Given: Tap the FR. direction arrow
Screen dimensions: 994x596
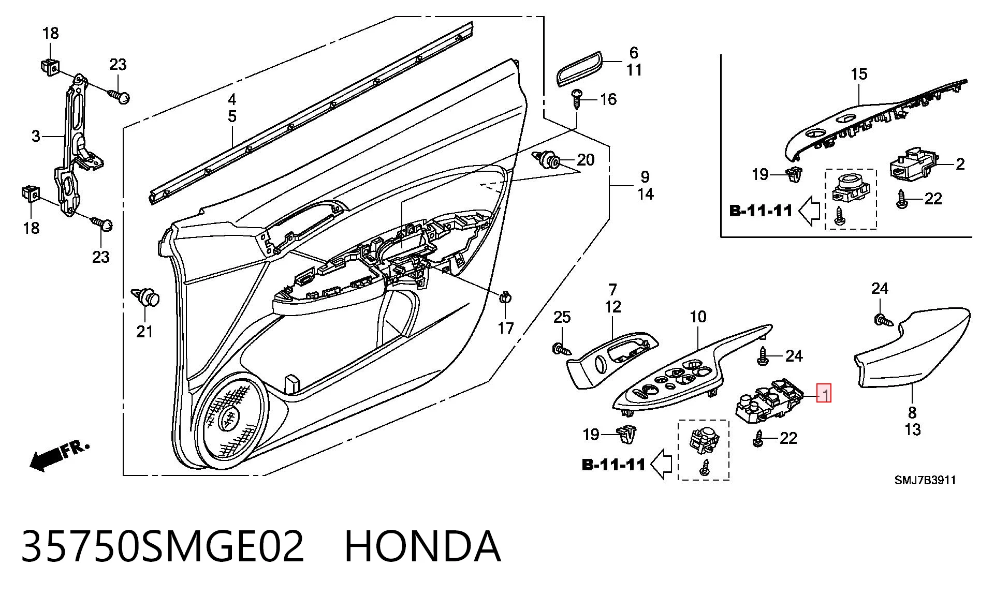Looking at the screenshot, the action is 60,455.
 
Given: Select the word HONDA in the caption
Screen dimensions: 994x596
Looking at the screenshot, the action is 422,546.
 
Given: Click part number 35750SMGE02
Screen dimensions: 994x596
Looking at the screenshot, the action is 163,546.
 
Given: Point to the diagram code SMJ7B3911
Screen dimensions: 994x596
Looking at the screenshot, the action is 925,480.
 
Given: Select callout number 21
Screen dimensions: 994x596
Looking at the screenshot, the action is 144,332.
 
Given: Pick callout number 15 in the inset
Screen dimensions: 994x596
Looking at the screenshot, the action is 859,74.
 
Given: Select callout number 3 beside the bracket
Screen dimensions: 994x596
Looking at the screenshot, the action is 36,136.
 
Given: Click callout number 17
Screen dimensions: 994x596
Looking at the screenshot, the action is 506,327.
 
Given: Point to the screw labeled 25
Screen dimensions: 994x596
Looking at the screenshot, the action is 562,350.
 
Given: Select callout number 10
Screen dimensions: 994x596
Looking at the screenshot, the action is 698,317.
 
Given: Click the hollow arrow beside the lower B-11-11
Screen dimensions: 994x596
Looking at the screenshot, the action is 661,464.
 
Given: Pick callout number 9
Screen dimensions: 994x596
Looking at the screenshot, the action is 645,177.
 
